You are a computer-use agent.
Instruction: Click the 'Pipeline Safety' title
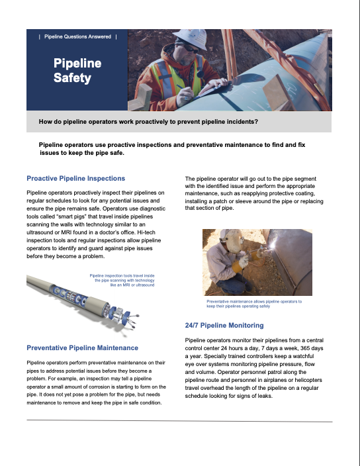(x=77, y=71)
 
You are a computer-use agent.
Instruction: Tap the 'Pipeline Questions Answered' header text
(x=78, y=36)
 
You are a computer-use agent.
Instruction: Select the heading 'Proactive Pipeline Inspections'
(x=75, y=179)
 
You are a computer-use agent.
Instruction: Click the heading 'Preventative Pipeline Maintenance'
(x=82, y=348)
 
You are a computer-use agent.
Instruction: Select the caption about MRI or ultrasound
(x=122, y=280)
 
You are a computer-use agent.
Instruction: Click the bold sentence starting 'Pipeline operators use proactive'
(x=172, y=148)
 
